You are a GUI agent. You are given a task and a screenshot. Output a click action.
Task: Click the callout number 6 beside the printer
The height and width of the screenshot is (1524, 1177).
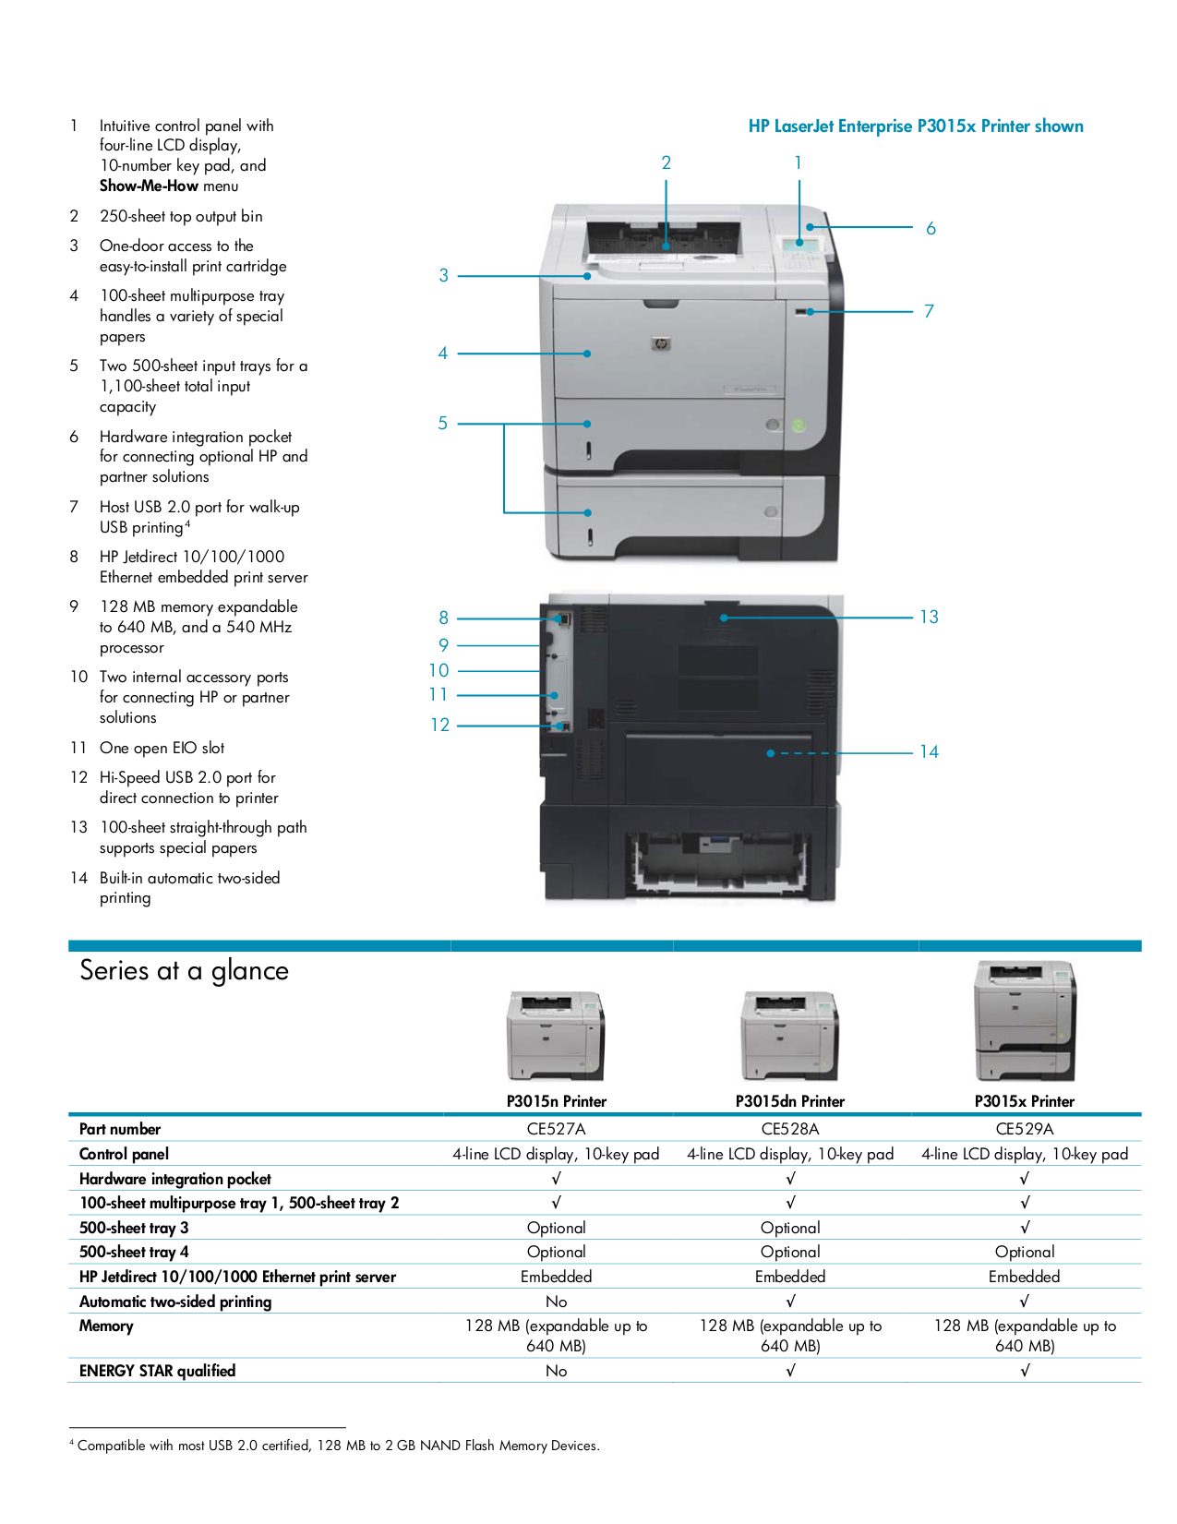click(931, 228)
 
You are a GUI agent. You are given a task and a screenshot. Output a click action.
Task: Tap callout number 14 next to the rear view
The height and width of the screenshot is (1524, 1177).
click(929, 752)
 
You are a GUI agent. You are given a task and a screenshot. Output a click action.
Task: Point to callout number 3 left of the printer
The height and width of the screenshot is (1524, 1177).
click(444, 275)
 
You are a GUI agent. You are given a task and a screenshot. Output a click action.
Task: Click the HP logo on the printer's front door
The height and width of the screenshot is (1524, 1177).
click(660, 343)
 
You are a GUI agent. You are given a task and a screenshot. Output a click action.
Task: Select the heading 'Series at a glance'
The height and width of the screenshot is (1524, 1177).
click(184, 970)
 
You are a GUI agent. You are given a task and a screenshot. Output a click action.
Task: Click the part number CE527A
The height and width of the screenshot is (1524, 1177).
click(556, 1129)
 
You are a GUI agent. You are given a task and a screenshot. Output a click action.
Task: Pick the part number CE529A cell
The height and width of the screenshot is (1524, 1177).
click(1024, 1129)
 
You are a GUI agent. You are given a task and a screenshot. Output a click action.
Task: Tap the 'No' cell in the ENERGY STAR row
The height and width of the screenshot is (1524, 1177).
click(556, 1371)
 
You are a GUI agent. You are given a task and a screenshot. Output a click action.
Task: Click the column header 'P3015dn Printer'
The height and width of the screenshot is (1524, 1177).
click(789, 1101)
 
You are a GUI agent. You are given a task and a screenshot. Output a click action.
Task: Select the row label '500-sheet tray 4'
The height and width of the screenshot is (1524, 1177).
click(134, 1252)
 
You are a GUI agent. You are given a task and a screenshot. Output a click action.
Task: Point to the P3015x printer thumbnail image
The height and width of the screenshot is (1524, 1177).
click(1025, 1020)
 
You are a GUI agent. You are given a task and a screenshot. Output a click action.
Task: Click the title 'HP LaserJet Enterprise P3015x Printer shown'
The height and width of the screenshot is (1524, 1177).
click(916, 126)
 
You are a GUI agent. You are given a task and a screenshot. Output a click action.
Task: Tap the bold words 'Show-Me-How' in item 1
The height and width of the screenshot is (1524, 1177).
click(150, 186)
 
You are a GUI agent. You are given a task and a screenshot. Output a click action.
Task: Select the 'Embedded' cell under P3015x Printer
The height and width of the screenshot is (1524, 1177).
click(1024, 1277)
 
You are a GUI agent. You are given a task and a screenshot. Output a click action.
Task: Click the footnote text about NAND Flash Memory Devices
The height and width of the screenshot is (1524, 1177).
click(338, 1446)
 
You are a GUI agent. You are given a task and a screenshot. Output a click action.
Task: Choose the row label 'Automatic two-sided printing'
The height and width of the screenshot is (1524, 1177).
click(175, 1302)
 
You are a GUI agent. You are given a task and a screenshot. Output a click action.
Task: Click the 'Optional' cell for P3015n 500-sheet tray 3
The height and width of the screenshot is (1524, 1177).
click(556, 1228)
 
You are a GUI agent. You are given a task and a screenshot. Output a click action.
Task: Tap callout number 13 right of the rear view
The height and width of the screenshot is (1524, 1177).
click(929, 617)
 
